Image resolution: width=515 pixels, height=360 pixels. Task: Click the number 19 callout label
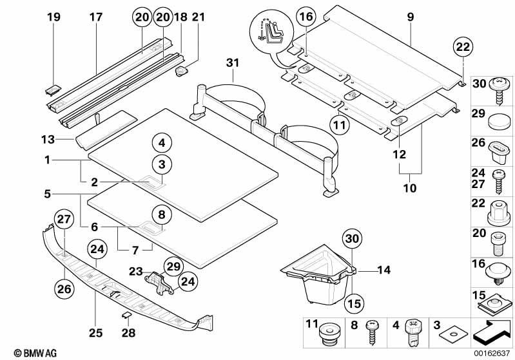[x=55, y=17]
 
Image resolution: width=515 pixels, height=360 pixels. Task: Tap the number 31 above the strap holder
[x=233, y=62]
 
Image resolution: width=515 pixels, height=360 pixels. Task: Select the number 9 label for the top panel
[x=411, y=17]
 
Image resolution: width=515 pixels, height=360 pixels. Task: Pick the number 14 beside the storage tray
[x=384, y=270]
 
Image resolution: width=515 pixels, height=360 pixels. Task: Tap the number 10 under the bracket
[x=410, y=189]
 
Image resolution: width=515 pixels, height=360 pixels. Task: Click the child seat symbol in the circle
[x=265, y=32]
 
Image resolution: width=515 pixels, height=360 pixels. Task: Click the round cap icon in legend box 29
[x=498, y=121]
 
